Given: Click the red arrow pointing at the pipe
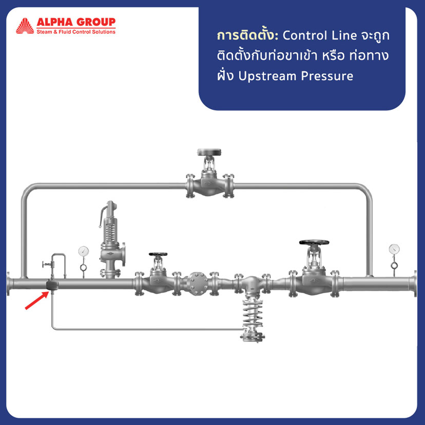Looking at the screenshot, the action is point(37,300).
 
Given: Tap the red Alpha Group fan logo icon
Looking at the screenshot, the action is point(25,26).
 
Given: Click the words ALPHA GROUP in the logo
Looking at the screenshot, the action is point(76,22).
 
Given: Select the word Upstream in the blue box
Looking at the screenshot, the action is point(267,76).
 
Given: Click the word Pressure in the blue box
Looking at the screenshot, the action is point(327,76).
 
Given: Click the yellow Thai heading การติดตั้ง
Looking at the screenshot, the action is point(247,35).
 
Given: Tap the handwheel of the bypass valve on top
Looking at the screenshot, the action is point(209,152).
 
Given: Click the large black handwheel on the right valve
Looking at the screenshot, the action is point(314,242).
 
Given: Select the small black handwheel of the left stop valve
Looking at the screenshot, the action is point(158,254).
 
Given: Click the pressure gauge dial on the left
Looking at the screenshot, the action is point(84,252).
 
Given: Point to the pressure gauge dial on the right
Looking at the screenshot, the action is point(394,249).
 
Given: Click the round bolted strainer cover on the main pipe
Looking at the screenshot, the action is point(198,284).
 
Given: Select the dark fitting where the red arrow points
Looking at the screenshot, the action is point(52,285).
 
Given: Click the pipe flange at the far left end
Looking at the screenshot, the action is point(9,284).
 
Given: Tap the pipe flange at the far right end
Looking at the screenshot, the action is point(415,284).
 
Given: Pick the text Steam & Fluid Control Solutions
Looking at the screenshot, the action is point(76,32).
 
